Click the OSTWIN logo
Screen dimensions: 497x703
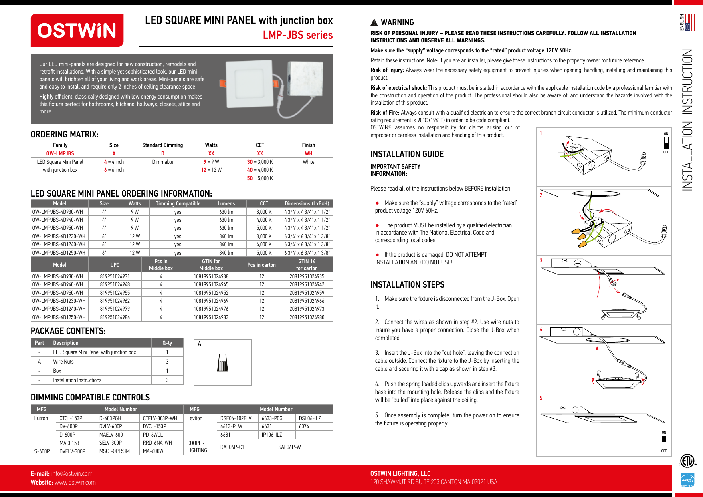coord(77,30)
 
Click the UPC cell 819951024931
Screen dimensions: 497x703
coord(115,276)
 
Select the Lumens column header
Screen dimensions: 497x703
coord(226,203)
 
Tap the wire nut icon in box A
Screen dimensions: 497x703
coord(222,362)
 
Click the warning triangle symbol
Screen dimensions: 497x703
coord(374,22)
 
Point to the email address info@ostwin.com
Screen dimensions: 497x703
coord(72,473)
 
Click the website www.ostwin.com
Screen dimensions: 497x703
coord(75,482)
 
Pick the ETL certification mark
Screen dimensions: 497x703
coord(687,461)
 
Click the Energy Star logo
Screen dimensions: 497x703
coord(687,480)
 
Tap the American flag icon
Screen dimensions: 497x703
coord(690,22)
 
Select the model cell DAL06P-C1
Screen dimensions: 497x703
coord(232,447)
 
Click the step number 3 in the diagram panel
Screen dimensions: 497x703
coord(541,260)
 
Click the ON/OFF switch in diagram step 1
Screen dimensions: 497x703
coord(666,143)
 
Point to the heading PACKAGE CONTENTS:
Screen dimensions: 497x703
coord(68,331)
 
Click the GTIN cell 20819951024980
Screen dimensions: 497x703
coord(307,317)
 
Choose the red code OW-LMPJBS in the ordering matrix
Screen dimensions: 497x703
coord(60,153)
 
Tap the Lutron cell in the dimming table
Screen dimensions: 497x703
coord(41,418)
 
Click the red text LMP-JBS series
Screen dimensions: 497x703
coord(297,35)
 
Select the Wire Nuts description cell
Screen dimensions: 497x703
coord(63,362)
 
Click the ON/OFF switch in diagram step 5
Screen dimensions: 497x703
coord(664,442)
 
